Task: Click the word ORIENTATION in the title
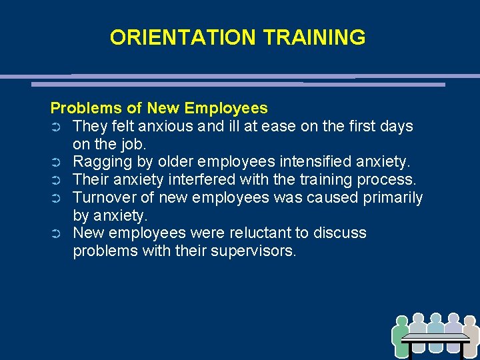tap(184, 37)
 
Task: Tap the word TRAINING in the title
tap(314, 37)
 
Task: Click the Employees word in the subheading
tap(226, 108)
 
